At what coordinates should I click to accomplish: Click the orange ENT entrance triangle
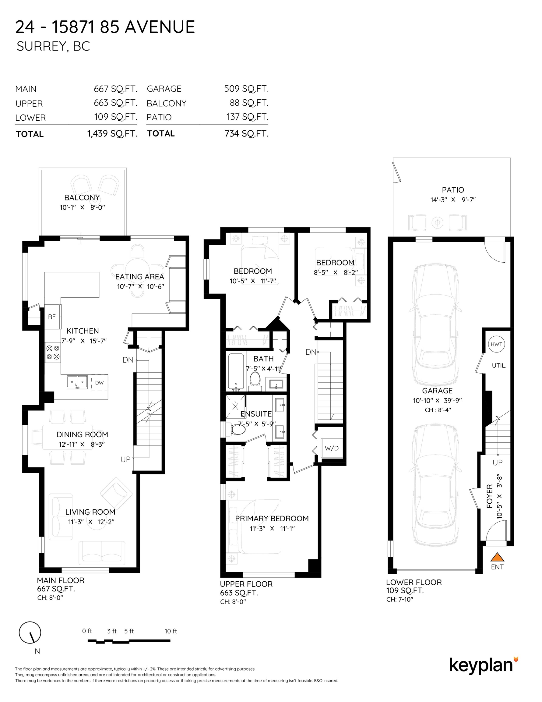[497, 557]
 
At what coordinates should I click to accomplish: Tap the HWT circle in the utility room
[496, 344]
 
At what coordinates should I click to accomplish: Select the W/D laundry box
[332, 448]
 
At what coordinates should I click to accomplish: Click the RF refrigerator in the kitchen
[52, 317]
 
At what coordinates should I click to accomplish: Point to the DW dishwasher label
[99, 382]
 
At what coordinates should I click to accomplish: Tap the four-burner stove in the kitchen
[53, 352]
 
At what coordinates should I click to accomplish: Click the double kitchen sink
[77, 382]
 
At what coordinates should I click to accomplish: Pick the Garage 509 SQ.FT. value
[246, 89]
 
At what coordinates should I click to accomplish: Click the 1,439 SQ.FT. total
[112, 134]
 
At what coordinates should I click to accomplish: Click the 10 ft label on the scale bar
[171, 631]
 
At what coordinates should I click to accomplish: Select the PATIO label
[453, 190]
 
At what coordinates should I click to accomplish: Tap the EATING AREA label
[140, 277]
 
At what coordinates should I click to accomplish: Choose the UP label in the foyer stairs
[497, 463]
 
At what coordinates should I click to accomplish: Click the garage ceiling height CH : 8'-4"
[438, 410]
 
